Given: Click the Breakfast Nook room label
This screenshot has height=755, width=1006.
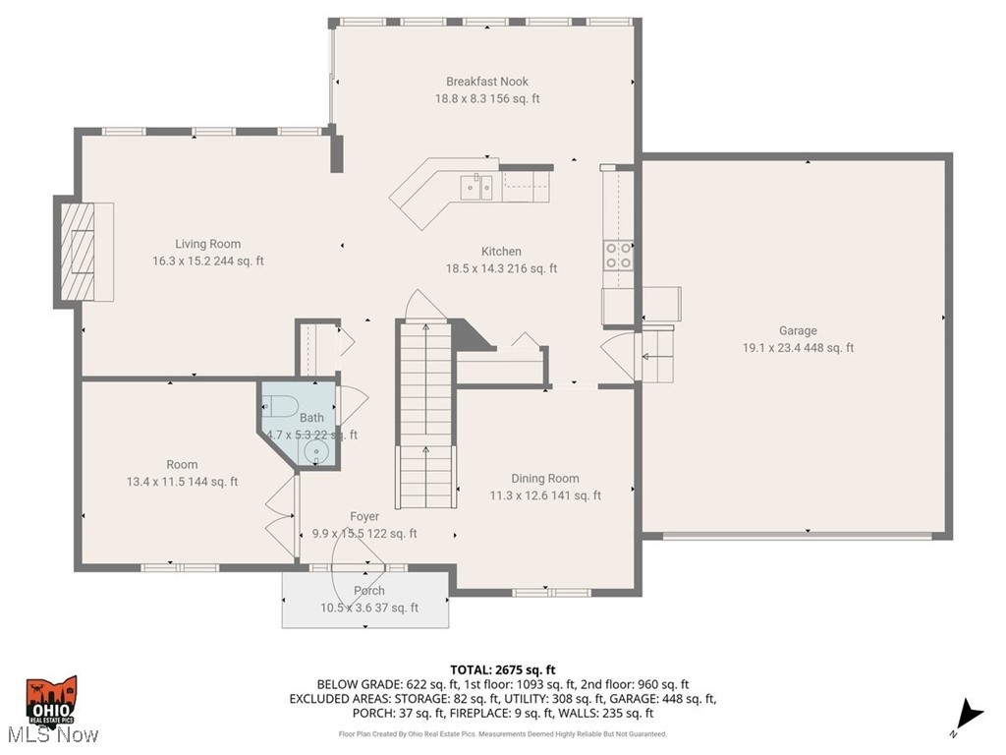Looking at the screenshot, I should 487,82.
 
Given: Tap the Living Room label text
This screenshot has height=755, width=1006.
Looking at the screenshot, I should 207,244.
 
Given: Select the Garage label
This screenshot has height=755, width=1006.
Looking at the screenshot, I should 798,331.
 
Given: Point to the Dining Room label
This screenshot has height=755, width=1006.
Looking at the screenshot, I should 545,479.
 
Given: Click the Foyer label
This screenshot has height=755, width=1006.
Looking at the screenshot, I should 364,516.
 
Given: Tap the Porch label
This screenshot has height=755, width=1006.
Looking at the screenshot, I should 369,591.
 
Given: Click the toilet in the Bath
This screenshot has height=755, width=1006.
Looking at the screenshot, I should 280,406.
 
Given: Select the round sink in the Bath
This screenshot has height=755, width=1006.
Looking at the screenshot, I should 315,452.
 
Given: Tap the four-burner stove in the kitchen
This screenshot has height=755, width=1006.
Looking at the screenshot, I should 618,256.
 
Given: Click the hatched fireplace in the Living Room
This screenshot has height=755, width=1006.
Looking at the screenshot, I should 78,251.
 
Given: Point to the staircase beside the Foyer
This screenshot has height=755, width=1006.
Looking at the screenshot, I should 425,413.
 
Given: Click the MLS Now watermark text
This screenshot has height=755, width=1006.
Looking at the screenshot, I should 51,735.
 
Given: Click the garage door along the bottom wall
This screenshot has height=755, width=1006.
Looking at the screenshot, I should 797,536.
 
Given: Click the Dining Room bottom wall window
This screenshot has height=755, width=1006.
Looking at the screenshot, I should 548,593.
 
